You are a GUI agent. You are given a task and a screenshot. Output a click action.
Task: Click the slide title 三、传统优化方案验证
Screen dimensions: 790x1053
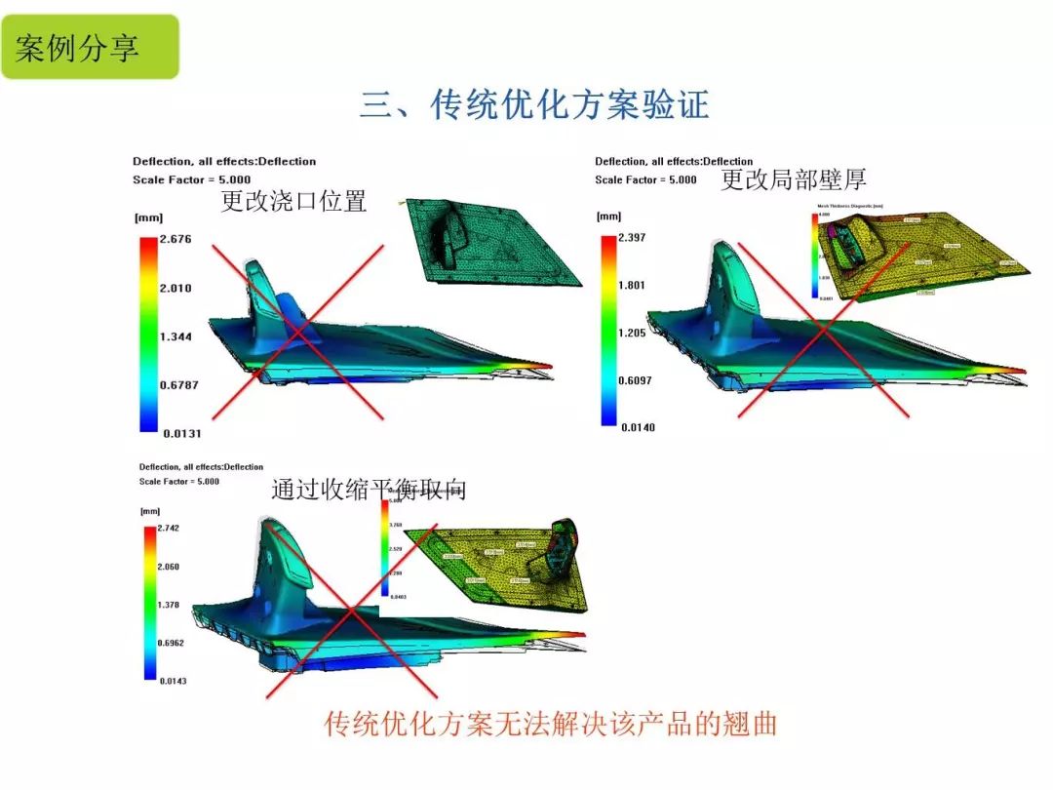point(534,103)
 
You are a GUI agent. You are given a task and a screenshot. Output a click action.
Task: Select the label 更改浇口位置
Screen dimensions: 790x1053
point(293,202)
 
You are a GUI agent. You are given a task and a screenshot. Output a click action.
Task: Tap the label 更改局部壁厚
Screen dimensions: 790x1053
point(794,179)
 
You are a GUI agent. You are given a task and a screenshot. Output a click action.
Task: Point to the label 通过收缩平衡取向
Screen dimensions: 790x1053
point(369,490)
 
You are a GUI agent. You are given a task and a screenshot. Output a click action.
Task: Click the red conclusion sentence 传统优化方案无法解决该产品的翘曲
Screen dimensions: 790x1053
point(551,724)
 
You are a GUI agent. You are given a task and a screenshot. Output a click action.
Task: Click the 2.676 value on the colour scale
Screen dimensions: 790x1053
point(175,239)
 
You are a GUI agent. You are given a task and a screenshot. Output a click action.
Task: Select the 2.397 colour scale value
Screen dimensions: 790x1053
point(632,237)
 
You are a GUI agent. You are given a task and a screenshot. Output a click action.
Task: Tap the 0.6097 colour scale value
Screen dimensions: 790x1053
point(635,379)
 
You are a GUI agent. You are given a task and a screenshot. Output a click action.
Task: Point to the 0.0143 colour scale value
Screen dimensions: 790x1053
point(174,681)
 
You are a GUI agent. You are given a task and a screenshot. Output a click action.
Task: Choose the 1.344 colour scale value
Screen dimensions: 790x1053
point(175,336)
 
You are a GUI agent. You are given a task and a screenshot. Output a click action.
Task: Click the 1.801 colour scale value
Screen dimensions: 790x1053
point(632,285)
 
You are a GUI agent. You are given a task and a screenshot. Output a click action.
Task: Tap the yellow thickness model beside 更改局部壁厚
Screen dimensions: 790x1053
point(926,254)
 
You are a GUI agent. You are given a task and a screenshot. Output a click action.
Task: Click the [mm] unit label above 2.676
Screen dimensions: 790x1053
point(149,217)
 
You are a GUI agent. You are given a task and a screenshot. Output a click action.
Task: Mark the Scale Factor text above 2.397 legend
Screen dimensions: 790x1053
point(645,179)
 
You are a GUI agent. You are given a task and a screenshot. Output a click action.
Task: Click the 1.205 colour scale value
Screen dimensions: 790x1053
point(632,333)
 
